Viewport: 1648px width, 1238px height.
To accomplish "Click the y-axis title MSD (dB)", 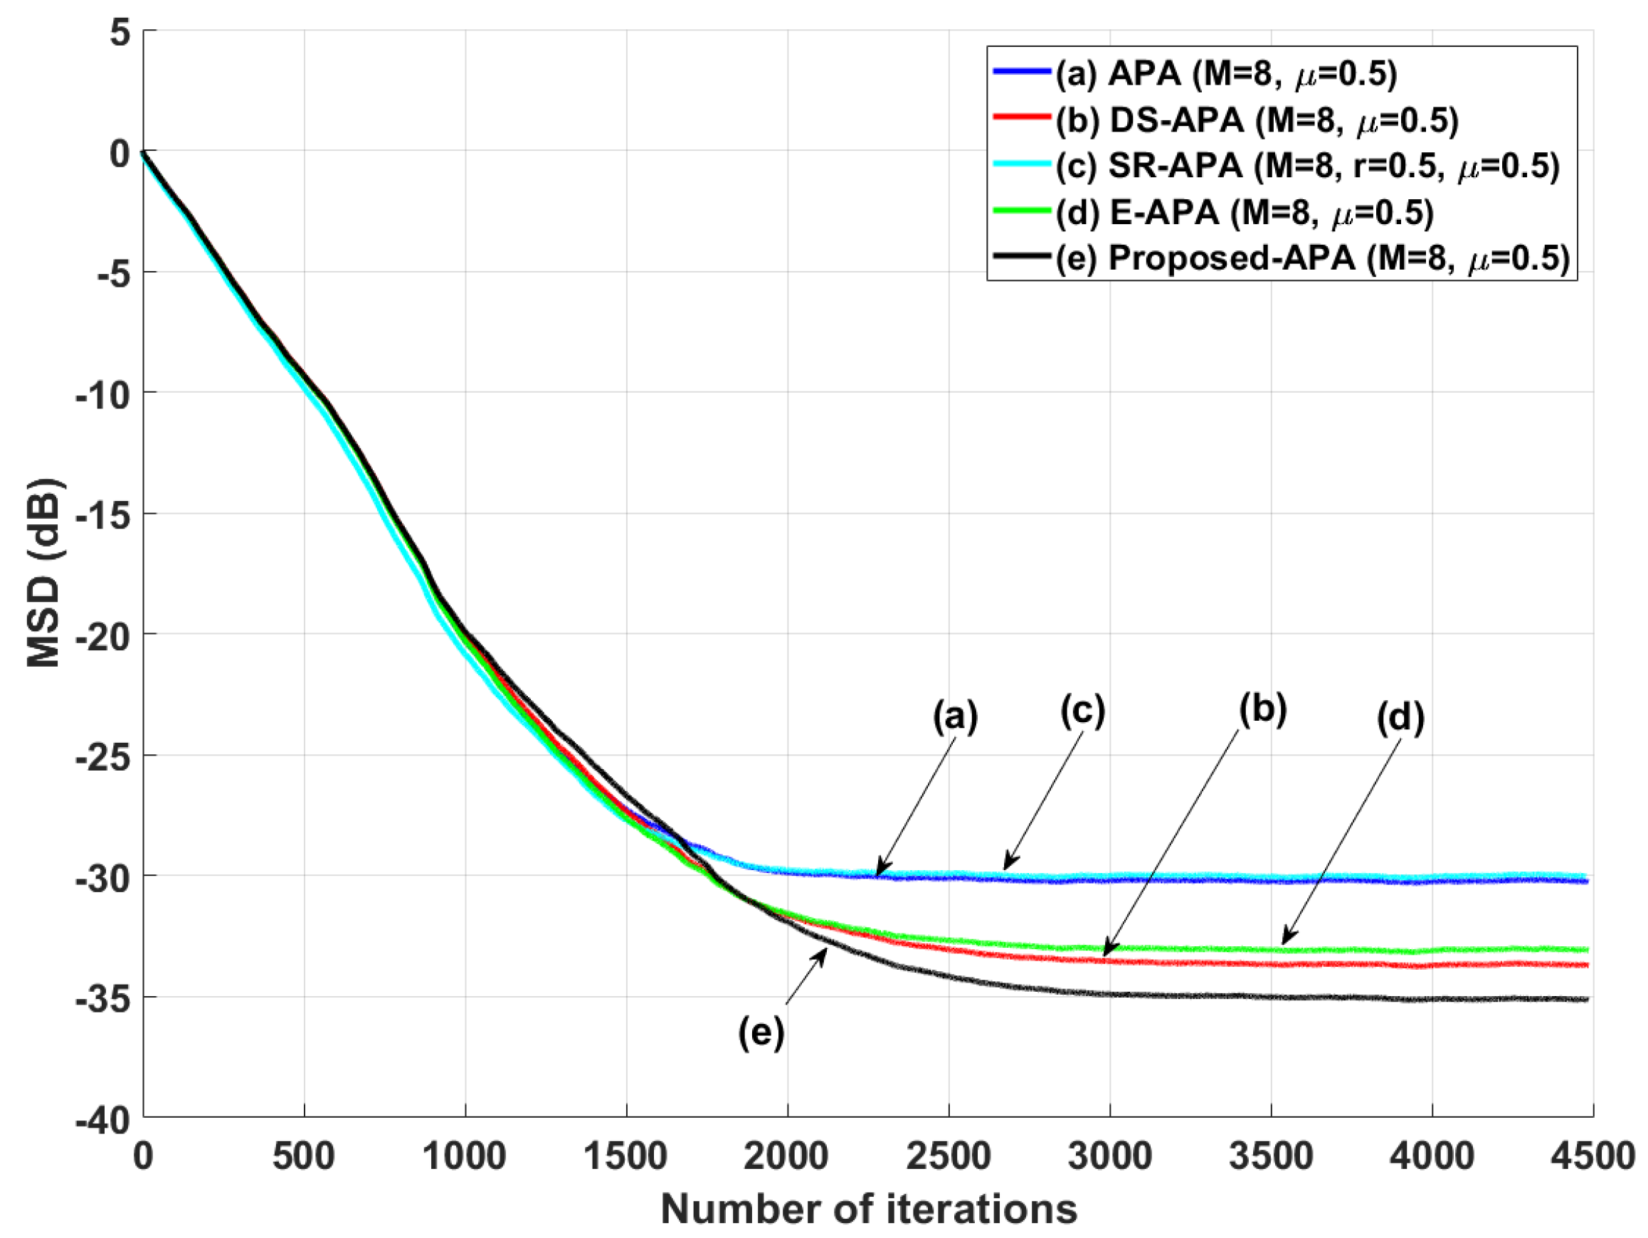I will [x=45, y=573].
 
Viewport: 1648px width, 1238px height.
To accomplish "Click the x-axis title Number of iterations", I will [x=868, y=1208].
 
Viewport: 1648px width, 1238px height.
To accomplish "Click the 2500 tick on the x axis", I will [x=949, y=1156].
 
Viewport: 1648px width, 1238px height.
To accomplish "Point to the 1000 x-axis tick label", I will [x=465, y=1156].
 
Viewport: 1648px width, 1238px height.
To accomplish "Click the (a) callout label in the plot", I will [x=955, y=716].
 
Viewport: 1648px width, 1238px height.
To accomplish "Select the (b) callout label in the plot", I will [x=1262, y=709].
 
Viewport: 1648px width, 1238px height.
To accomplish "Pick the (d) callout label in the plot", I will [x=1400, y=717].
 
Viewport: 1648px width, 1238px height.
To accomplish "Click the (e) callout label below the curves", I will [x=761, y=1033].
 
